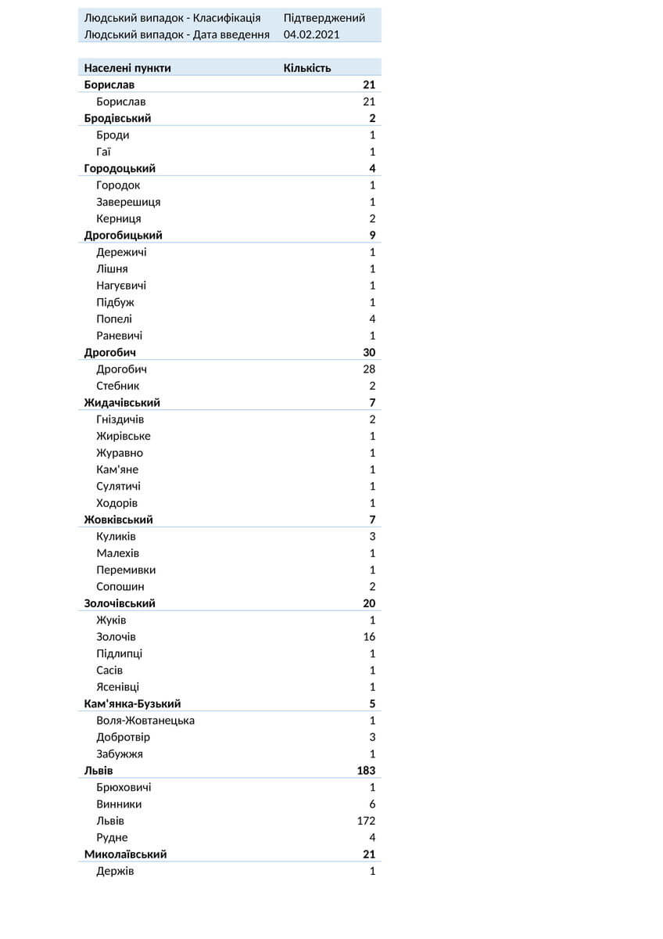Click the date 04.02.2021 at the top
coord(311,34)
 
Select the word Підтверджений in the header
coord(324,18)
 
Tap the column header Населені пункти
coord(127,68)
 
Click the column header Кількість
coord(307,68)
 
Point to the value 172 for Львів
coord(366,821)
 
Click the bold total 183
coord(366,771)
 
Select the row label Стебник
coord(118,386)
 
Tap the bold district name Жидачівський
coord(122,402)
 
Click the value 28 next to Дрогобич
coord(369,369)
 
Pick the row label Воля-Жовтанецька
coord(145,721)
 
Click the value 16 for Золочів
coord(369,637)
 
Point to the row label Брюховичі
coord(124,787)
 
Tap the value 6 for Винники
coord(372,804)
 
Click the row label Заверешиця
coord(128,202)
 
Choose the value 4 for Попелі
coord(372,318)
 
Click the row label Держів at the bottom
coord(115,871)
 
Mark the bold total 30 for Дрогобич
coord(369,352)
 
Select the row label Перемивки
coord(126,570)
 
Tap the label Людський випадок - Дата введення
coord(177,34)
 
